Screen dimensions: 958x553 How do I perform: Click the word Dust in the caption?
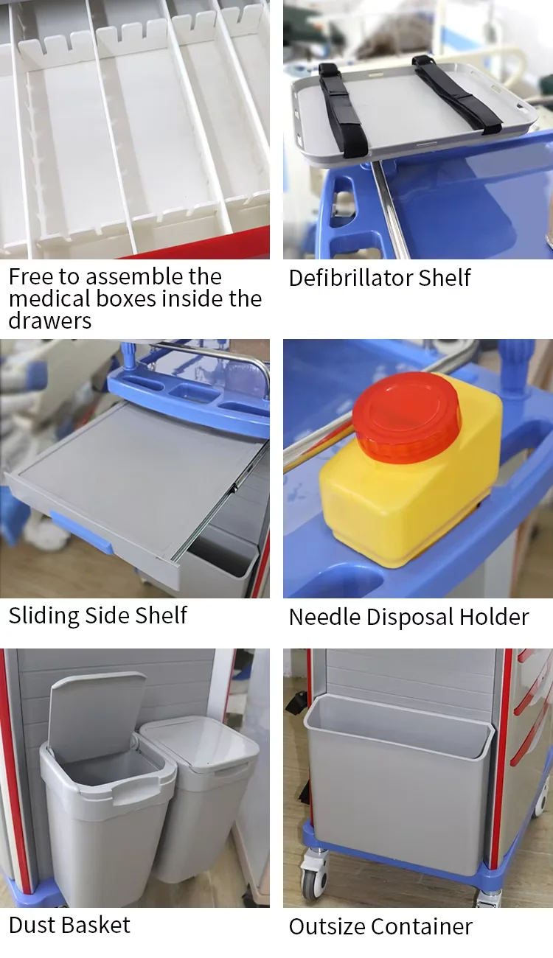click(33, 925)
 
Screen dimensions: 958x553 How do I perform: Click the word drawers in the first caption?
click(49, 321)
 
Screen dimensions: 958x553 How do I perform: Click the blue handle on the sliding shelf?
click(81, 532)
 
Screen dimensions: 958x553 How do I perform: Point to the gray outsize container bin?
click(398, 781)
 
